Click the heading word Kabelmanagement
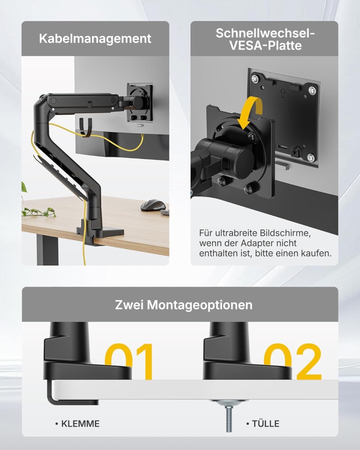pos(95,38)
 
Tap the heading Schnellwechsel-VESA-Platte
pos(265,39)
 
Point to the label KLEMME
pos(80,423)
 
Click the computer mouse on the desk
pos(152,205)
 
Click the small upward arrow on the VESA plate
pos(282,93)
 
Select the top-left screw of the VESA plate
pos(255,79)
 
